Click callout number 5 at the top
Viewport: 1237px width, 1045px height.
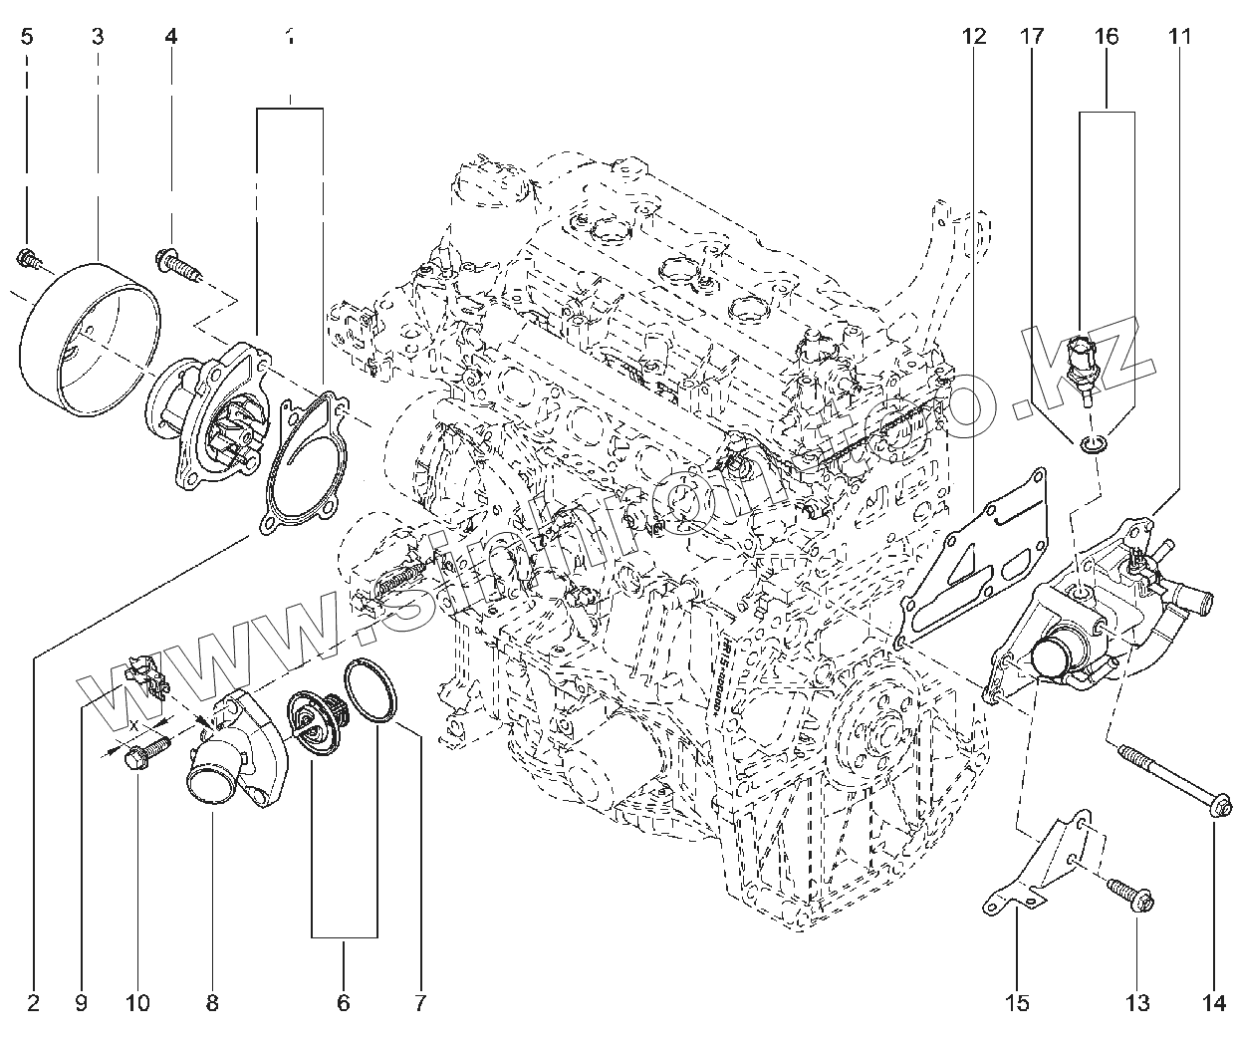point(27,38)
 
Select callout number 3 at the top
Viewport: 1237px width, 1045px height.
point(98,38)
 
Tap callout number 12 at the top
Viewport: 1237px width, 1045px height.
point(974,38)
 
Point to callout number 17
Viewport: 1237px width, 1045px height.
point(1031,38)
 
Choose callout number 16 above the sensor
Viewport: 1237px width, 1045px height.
point(1107,38)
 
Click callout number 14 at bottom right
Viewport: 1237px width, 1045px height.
point(1214,1002)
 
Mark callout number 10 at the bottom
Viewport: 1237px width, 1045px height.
point(137,1002)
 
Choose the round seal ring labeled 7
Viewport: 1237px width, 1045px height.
point(371,690)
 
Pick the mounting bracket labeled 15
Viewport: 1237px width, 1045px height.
point(1041,862)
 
